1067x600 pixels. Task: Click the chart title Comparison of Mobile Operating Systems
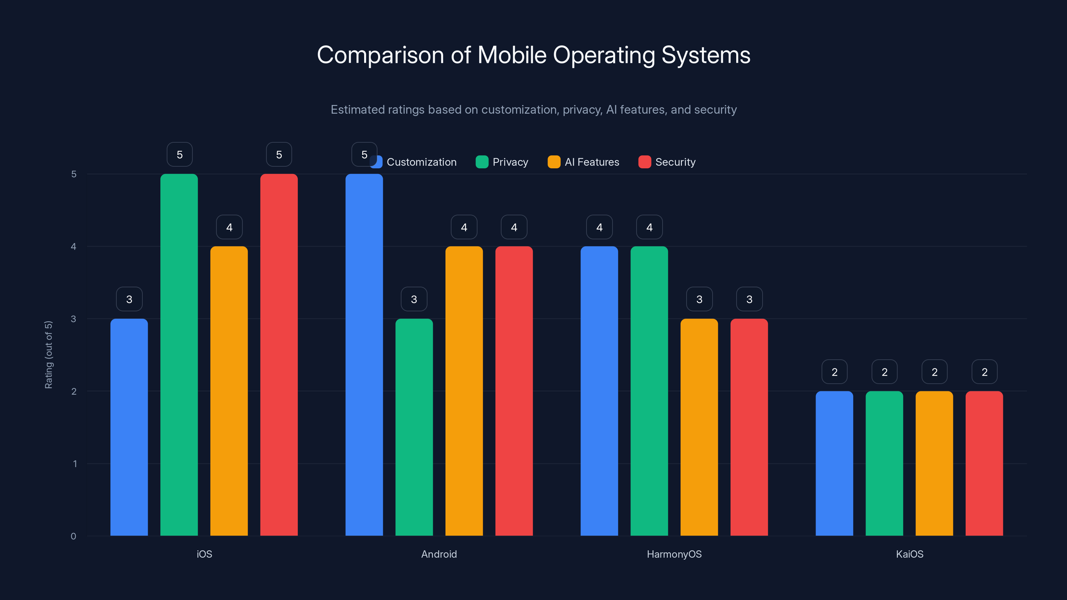coord(533,55)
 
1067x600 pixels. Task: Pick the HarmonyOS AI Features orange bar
coord(699,427)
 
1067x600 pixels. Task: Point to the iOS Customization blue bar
coord(129,427)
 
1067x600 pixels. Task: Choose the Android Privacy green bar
coord(414,427)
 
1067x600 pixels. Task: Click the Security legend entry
coord(667,162)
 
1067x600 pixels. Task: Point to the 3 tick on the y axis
coord(73,319)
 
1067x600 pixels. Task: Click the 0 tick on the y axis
coord(73,536)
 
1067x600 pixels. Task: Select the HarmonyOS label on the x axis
coord(674,554)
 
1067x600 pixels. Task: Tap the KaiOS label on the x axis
coord(909,554)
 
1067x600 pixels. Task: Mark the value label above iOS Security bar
coord(279,154)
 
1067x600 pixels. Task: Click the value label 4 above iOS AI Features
coord(229,227)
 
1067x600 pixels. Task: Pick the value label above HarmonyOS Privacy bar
coord(649,227)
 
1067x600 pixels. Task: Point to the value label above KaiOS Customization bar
coord(834,372)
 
